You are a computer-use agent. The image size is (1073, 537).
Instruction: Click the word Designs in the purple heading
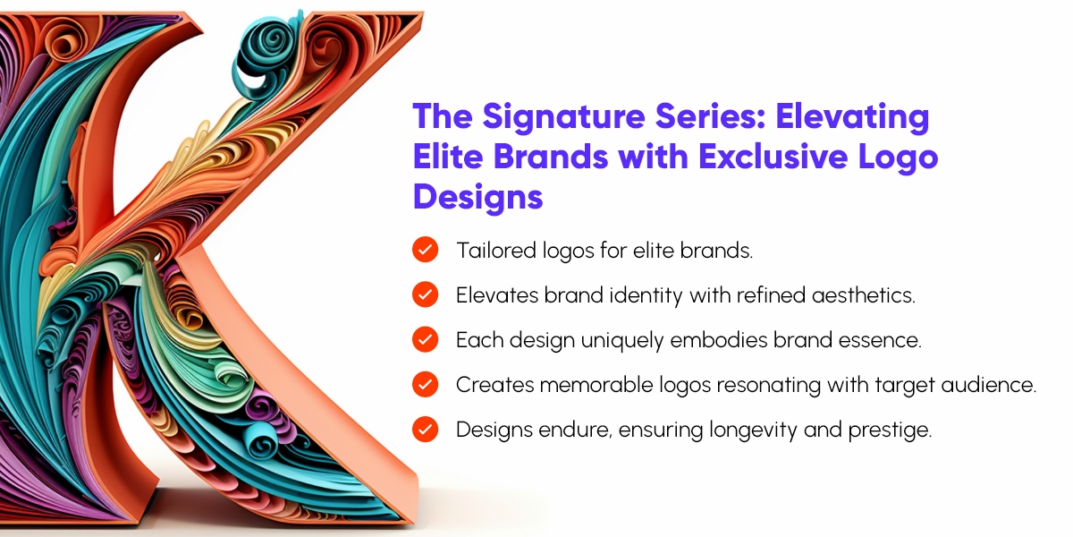click(x=477, y=196)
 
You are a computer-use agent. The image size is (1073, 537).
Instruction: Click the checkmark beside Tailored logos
click(x=425, y=250)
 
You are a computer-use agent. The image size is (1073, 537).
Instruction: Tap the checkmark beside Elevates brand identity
click(x=425, y=294)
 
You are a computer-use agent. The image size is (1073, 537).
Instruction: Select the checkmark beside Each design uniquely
click(x=425, y=339)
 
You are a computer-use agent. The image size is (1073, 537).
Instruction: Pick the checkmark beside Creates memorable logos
click(x=425, y=384)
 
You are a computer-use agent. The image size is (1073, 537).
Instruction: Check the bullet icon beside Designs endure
click(x=425, y=429)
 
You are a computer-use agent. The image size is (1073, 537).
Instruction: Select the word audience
click(x=994, y=385)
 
